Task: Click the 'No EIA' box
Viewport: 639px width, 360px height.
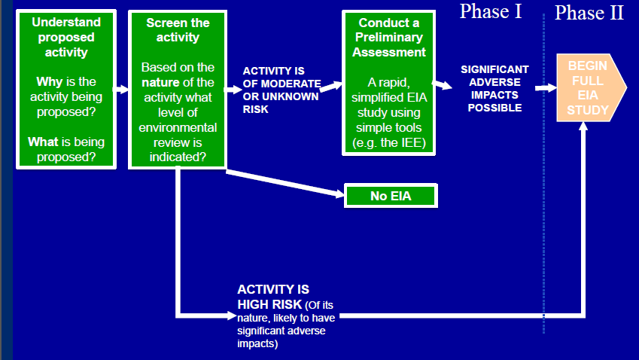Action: point(389,196)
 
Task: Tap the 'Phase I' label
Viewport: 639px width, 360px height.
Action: point(490,11)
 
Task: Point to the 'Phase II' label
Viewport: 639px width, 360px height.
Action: point(589,13)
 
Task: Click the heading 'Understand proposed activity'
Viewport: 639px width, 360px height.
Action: point(66,37)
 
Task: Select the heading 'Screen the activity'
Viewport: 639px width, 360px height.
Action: point(178,29)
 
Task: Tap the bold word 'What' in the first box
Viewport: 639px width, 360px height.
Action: point(44,142)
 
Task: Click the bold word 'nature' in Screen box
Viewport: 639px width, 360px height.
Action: point(159,82)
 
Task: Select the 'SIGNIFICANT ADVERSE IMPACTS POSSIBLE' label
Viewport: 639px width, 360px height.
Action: point(494,89)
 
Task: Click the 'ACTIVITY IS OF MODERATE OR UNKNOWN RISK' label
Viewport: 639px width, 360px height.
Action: point(281,90)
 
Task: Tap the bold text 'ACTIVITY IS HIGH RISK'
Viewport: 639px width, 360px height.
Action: point(272,296)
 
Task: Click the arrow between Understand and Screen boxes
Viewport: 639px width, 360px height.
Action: point(121,90)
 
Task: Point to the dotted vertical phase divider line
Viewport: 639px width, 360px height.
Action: point(543,226)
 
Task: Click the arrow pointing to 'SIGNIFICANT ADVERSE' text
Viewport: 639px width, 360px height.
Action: point(444,84)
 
